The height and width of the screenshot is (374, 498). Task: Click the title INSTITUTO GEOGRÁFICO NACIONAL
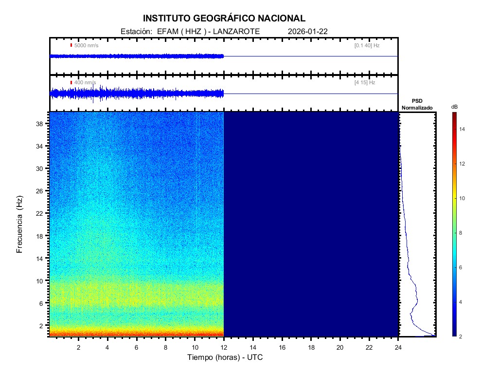tap(224, 19)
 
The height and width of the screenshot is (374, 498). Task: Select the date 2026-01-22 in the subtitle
tap(308, 31)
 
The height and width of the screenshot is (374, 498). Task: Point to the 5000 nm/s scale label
tap(86, 45)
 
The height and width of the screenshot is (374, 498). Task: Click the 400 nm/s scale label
tap(85, 83)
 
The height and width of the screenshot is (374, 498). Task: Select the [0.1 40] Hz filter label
tap(367, 45)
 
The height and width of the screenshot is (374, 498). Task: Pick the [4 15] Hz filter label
tap(365, 83)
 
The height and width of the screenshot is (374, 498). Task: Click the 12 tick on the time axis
tap(224, 347)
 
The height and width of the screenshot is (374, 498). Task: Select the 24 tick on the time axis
tap(398, 347)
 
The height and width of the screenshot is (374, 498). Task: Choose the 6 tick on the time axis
tap(137, 347)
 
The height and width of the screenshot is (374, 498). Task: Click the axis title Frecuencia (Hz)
tap(20, 224)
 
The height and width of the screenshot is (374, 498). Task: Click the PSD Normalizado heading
tap(417, 104)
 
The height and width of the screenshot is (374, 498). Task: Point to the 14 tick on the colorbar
tap(463, 130)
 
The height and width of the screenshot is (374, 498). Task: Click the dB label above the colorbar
tap(454, 107)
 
